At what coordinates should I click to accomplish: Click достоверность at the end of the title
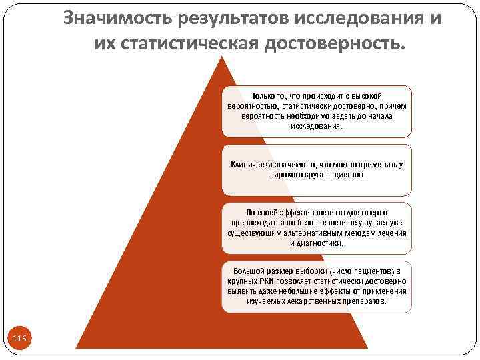(x=335, y=44)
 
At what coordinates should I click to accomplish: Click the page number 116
(x=20, y=339)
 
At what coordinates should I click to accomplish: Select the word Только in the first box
(x=263, y=96)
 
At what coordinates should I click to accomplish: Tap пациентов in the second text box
(x=346, y=174)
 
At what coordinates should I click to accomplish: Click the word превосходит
(x=253, y=223)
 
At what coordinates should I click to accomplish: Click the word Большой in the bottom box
(x=248, y=272)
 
